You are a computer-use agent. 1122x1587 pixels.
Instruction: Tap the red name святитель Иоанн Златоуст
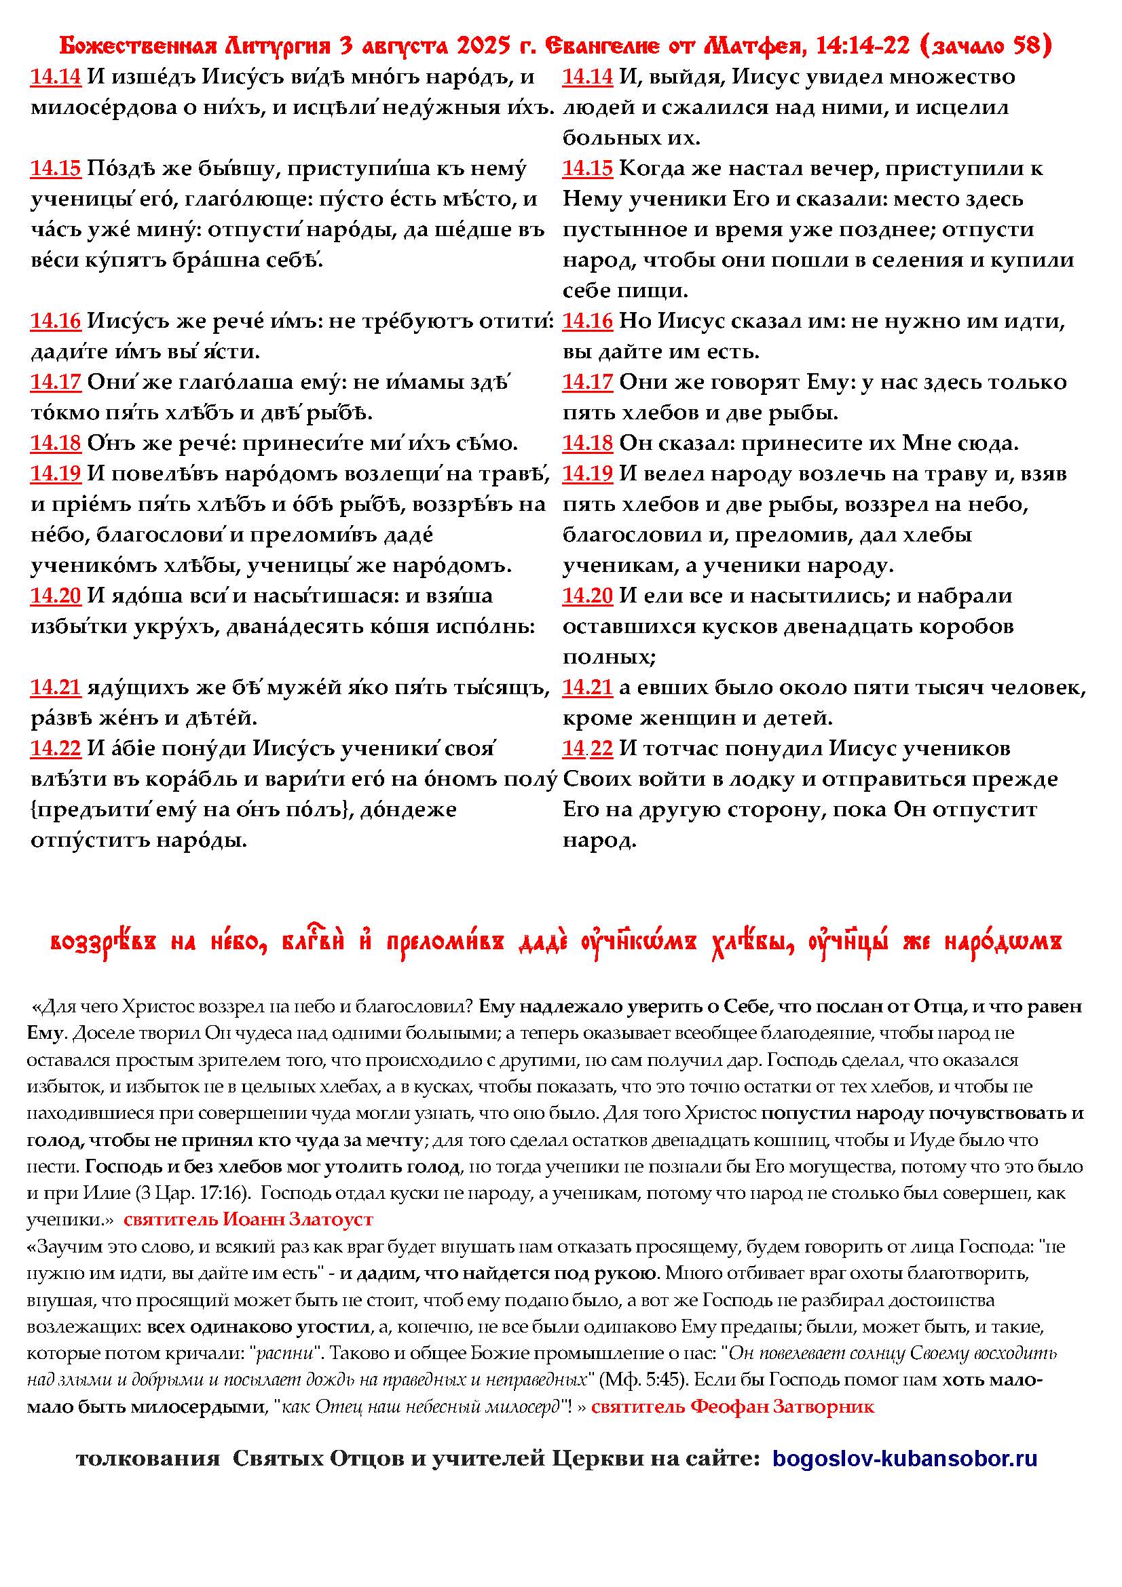pyautogui.click(x=248, y=1220)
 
